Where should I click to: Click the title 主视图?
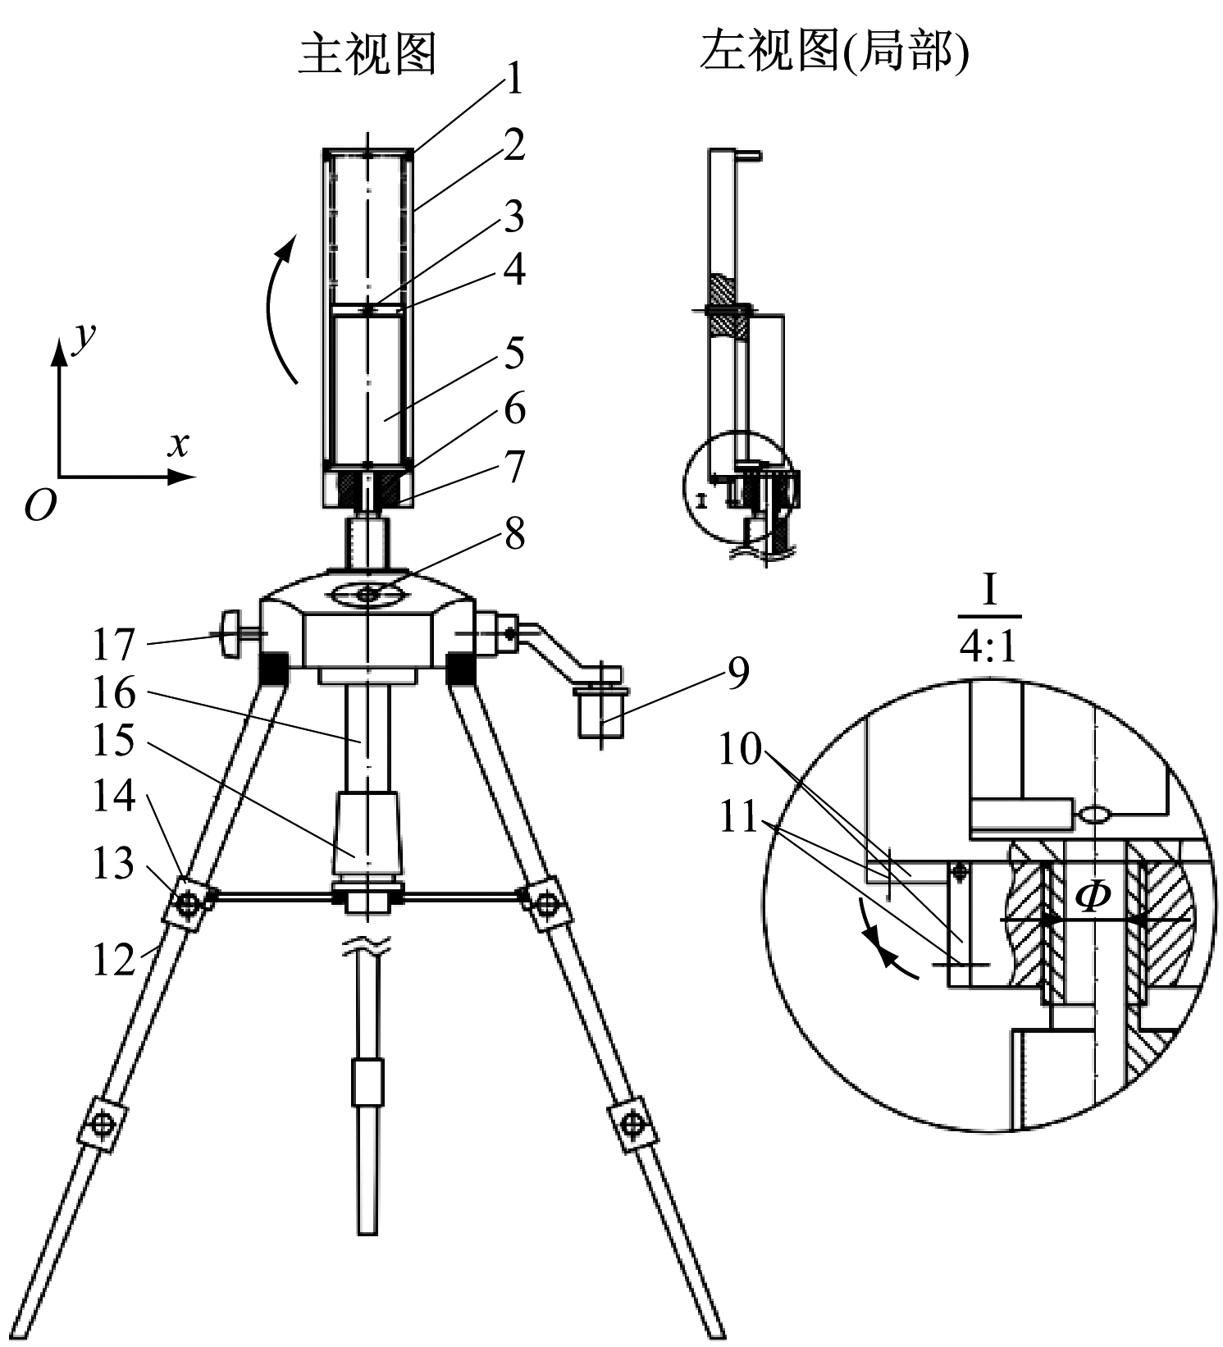367,55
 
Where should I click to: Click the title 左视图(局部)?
833,53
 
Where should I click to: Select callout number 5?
514,354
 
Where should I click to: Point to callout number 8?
514,534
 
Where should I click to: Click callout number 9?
737,673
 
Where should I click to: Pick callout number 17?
113,645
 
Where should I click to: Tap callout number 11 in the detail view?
740,818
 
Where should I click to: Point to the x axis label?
178,444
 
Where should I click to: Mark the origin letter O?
39,505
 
